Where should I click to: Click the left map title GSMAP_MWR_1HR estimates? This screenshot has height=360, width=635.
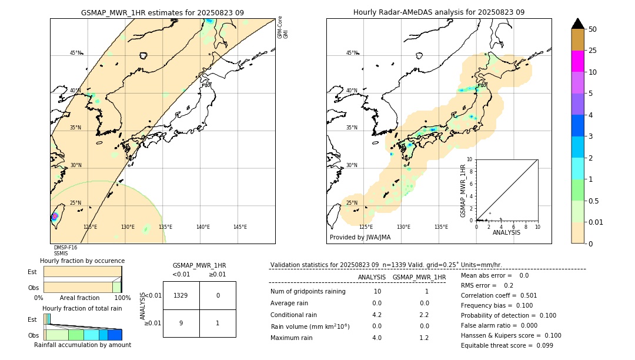click(x=162, y=12)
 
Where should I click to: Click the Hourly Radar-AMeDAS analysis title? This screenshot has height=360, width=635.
click(x=439, y=12)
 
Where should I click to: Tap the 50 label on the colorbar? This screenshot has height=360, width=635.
click(x=593, y=29)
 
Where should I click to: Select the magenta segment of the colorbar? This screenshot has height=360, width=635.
click(x=577, y=61)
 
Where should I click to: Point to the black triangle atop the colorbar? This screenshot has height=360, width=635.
click(x=577, y=24)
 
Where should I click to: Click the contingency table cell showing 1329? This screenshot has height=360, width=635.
click(x=181, y=295)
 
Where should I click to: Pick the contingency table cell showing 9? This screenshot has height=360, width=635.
click(x=181, y=323)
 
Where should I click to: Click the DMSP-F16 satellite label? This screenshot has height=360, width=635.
click(x=65, y=248)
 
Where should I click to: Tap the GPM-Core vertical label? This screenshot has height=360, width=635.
click(x=280, y=27)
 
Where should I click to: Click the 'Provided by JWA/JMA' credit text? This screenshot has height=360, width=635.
click(x=360, y=238)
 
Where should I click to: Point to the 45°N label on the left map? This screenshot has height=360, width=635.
click(x=76, y=53)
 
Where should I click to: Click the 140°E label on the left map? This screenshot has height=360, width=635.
click(x=203, y=227)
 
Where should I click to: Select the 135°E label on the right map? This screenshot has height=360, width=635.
click(x=441, y=227)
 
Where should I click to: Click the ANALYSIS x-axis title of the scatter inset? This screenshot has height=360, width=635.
click(x=506, y=232)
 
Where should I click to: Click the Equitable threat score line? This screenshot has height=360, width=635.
click(x=507, y=346)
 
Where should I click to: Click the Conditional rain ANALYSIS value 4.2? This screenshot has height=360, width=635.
click(x=377, y=315)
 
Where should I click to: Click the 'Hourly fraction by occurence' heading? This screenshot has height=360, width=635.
click(x=82, y=261)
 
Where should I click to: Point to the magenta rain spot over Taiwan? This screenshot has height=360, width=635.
click(x=55, y=216)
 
